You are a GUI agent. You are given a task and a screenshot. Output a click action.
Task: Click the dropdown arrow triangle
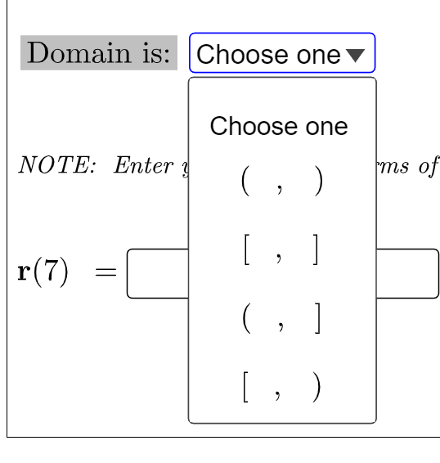[x=355, y=55]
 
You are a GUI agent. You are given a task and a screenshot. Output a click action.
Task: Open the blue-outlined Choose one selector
[x=281, y=55]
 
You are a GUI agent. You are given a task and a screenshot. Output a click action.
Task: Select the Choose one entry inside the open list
[x=279, y=126]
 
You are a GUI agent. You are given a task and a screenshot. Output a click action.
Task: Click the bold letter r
[x=25, y=272]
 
